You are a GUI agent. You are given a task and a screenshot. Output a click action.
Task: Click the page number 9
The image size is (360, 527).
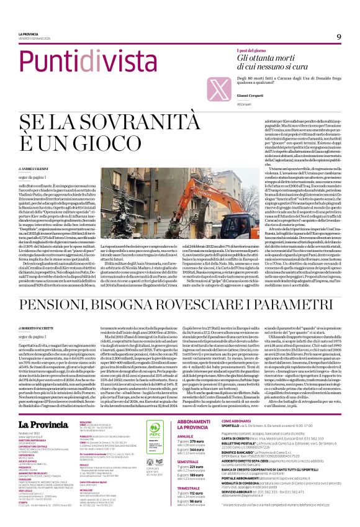click(339, 37)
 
